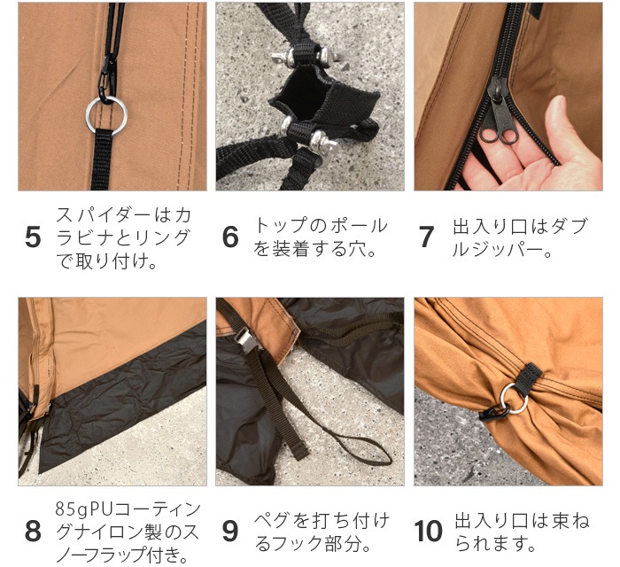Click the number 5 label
33,237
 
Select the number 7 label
427,237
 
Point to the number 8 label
33,532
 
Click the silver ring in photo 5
105,113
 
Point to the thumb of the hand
554,124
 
